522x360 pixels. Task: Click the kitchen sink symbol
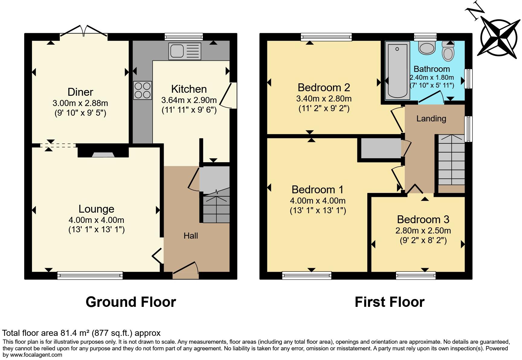[185, 51]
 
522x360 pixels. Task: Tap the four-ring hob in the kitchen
[143, 90]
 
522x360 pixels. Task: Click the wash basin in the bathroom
[427, 48]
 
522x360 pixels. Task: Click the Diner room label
[80, 92]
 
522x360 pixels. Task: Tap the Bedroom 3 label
[423, 219]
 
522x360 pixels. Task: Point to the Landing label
[431, 119]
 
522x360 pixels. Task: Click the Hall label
[191, 236]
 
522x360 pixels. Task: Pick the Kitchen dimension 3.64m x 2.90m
[189, 100]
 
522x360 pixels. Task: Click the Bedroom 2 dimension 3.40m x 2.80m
[324, 98]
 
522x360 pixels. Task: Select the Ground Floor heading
[131, 302]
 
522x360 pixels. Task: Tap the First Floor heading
[389, 302]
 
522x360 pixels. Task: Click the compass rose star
[500, 37]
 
